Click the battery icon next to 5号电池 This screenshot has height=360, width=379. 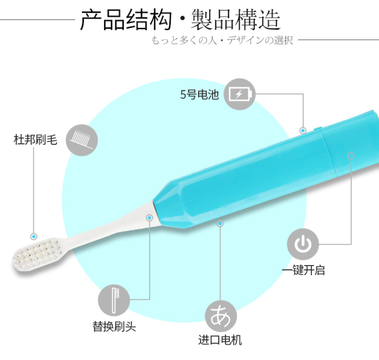pos(240,94)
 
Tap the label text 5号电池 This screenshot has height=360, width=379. pos(200,94)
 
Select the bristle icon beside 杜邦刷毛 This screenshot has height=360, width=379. pos(82,139)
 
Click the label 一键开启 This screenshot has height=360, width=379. pos(303,270)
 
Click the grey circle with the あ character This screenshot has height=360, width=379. pos(220,316)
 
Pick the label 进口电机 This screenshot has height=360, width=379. pos(220,340)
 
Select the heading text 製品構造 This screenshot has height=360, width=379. pos(236,21)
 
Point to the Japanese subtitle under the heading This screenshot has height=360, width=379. pos(222,40)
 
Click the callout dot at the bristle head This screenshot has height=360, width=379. pos(34,236)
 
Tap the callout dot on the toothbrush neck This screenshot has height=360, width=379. pos(150,218)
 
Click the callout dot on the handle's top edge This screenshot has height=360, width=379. pos(303,130)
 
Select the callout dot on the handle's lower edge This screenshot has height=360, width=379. pos(220,223)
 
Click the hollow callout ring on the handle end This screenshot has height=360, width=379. pos(351,156)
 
